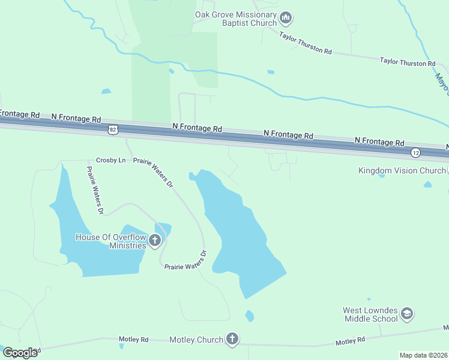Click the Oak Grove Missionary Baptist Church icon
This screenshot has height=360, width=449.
(x=286, y=19)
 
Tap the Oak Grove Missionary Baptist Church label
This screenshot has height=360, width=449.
(x=236, y=19)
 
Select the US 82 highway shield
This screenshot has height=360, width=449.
(x=113, y=130)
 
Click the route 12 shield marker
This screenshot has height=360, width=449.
(x=415, y=153)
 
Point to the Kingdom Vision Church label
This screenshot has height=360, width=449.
(x=402, y=170)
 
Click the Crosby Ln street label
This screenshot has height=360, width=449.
(x=111, y=160)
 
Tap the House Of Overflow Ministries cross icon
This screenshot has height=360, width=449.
(x=155, y=241)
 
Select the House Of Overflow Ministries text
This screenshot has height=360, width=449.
(x=111, y=241)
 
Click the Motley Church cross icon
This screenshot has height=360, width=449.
(x=232, y=340)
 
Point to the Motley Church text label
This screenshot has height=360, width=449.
(x=196, y=340)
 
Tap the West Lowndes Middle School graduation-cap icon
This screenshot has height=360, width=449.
(x=407, y=314)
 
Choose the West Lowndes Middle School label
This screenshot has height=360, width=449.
(x=370, y=314)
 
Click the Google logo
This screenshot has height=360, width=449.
(x=20, y=352)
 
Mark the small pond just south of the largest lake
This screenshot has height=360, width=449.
(x=250, y=316)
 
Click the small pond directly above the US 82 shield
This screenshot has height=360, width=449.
(x=106, y=92)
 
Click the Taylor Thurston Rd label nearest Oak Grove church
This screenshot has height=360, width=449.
(x=306, y=43)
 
